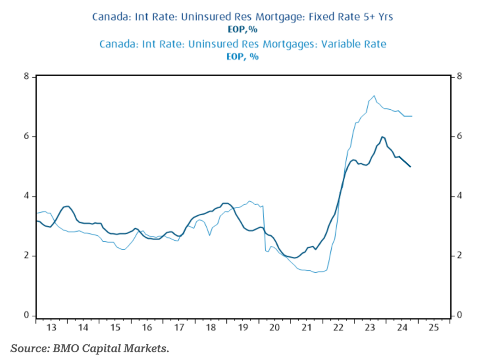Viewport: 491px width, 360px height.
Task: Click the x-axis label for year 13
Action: tap(52, 328)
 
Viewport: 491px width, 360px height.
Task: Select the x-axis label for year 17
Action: tap(179, 328)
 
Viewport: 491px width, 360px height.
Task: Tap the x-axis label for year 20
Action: tap(274, 328)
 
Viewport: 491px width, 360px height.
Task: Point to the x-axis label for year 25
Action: tap(433, 328)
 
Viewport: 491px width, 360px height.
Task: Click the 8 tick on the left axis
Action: tap(26, 77)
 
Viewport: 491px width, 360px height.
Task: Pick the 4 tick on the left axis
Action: tap(26, 196)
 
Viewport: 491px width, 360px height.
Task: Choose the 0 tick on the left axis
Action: tap(26, 315)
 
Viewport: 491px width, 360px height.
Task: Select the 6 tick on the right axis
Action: tap(459, 137)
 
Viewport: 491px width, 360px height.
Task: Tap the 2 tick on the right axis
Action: tap(459, 255)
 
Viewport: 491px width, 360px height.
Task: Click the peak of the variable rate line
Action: tap(374, 95)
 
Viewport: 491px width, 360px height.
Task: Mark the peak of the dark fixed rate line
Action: tap(382, 137)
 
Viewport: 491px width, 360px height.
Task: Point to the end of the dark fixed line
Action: tap(411, 167)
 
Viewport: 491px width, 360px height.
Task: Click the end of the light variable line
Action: tap(412, 116)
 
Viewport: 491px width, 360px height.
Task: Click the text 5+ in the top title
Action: tap(367, 17)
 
